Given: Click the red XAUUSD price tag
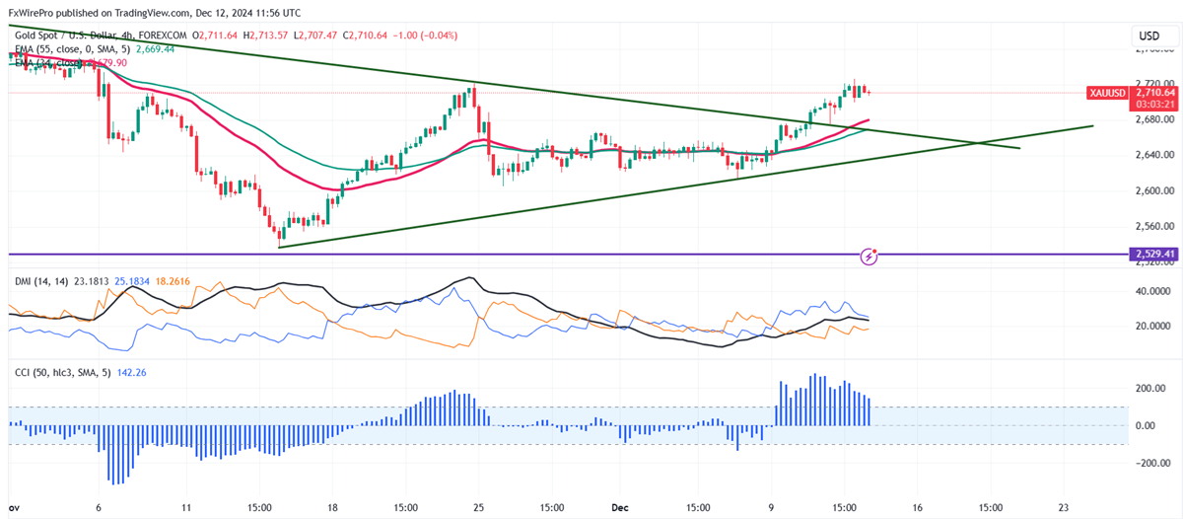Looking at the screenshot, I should [x=1105, y=93].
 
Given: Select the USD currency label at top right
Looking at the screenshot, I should [x=1148, y=36].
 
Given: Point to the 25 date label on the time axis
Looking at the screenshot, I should [x=477, y=506].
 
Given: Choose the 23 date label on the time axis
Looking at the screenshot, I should [x=1062, y=506].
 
